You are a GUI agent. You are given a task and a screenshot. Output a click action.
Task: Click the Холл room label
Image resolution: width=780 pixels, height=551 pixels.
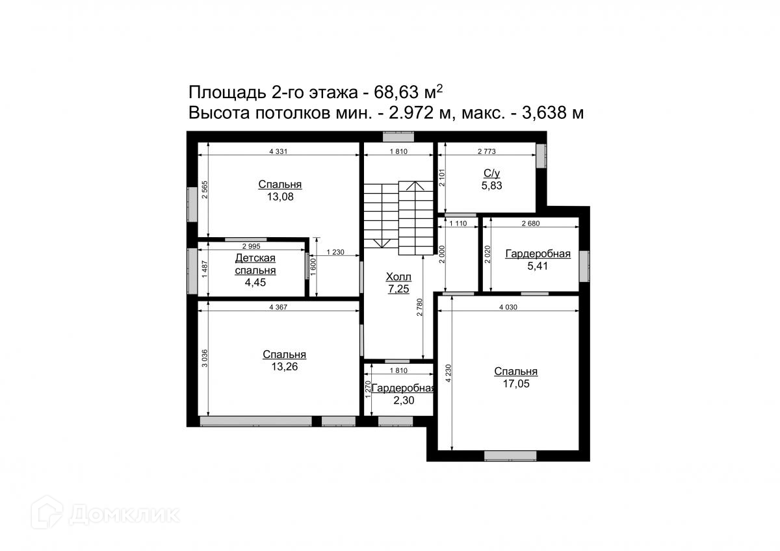tap(398, 277)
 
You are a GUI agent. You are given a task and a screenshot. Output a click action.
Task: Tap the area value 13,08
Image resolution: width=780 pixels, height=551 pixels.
tap(280, 197)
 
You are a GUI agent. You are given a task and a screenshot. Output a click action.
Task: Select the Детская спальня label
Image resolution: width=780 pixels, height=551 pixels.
tap(255, 264)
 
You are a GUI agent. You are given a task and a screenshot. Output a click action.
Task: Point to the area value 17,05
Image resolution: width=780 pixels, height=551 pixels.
tap(516, 384)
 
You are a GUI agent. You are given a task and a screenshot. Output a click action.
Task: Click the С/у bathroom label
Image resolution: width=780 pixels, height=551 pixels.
tap(491, 173)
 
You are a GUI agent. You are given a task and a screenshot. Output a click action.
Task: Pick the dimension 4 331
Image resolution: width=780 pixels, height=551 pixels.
tap(278, 151)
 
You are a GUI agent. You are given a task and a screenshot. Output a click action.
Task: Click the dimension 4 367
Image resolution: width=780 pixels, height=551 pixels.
tap(278, 307)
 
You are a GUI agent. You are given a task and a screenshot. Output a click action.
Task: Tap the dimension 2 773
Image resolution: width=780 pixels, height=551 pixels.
tap(486, 151)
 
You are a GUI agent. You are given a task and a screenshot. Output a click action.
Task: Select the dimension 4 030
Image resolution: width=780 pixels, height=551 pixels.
tap(508, 307)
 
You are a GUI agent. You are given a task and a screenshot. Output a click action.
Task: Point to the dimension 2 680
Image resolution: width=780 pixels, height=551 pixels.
tap(530, 224)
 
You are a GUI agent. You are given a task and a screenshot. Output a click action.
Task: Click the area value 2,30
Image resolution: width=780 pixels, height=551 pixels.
tap(404, 401)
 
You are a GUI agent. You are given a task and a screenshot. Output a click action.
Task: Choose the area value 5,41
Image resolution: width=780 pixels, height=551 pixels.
tap(538, 266)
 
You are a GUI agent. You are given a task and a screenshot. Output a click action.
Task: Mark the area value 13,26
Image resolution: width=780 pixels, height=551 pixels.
tap(285, 367)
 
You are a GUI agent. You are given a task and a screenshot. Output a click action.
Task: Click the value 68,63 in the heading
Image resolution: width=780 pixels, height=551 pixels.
tap(396, 92)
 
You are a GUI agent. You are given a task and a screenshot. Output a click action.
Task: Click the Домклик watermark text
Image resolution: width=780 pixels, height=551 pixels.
tap(124, 515)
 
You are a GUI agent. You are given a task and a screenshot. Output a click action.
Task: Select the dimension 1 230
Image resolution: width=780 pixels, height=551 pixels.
tap(335, 252)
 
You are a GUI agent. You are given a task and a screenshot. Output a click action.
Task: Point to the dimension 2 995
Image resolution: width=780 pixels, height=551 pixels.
tap(251, 246)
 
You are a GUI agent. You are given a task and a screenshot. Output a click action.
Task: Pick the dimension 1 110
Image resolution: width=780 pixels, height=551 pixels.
tap(458, 224)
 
